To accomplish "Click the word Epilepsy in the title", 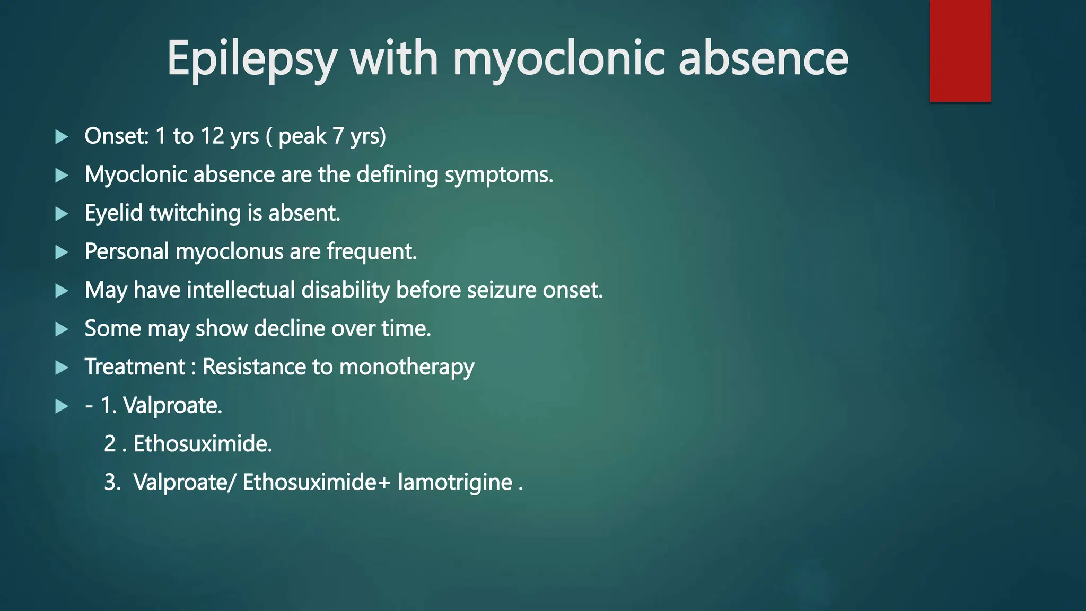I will tap(251, 59).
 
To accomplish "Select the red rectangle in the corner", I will tap(960, 50).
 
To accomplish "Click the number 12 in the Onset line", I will tap(212, 136).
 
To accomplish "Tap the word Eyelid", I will tap(113, 214).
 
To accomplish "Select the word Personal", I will tap(126, 252).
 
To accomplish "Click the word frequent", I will tap(372, 252).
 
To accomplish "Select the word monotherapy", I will tap(406, 368).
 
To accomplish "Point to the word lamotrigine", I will tap(455, 483).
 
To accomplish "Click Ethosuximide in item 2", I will tap(203, 444).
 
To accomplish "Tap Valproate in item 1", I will tap(172, 406).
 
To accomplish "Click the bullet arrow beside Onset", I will tap(62, 137).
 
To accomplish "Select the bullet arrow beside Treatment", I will tap(62, 368).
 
